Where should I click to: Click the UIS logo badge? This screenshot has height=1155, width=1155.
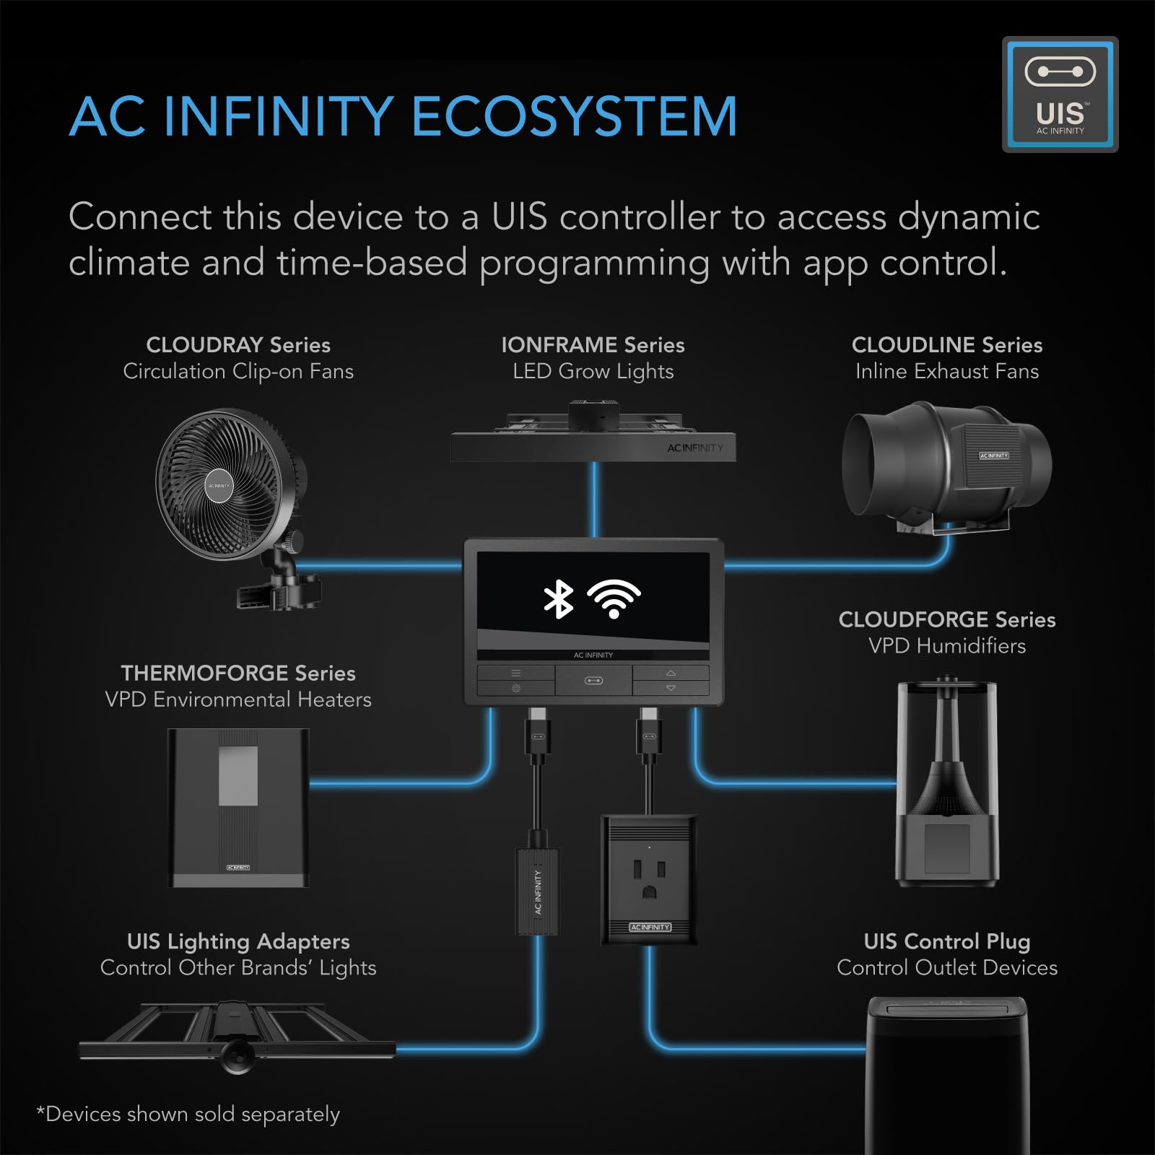tap(1060, 95)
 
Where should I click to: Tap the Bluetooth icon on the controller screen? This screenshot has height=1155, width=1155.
tap(558, 599)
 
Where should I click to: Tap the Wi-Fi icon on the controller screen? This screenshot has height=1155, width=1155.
tap(614, 598)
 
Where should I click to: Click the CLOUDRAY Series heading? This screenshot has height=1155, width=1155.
tap(238, 345)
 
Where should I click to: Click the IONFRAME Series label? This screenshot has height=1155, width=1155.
tap(593, 345)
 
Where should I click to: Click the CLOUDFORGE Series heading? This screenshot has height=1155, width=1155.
tap(946, 619)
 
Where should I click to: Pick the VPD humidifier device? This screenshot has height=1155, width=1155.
tap(946, 783)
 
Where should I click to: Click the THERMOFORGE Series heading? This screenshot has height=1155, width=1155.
tap(238, 673)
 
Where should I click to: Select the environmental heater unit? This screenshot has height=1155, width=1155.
tap(238, 807)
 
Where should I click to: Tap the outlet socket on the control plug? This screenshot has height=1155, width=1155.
tap(648, 879)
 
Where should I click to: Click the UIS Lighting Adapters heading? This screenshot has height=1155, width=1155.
tap(238, 941)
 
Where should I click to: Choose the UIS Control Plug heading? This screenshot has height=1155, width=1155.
tap(946, 941)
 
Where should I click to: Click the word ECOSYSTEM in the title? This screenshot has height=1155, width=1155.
tap(574, 117)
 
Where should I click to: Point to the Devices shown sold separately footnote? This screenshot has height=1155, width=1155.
tap(188, 1114)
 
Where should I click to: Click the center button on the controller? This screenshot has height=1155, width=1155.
tap(593, 680)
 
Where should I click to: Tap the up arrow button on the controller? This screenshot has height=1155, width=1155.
tap(671, 673)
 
